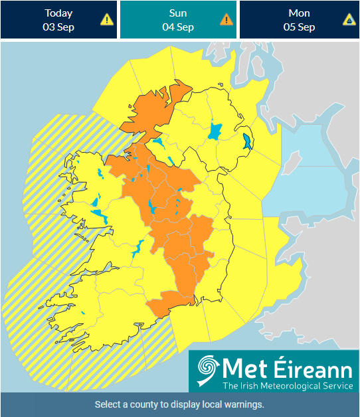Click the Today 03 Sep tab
(58, 20)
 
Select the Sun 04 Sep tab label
(178, 13)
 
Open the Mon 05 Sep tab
(299, 20)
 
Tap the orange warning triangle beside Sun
(226, 20)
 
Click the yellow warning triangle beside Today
(106, 20)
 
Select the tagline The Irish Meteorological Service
(288, 385)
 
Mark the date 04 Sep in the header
(178, 27)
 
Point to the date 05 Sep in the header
(299, 27)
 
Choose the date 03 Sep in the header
(58, 27)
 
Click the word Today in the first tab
(58, 13)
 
